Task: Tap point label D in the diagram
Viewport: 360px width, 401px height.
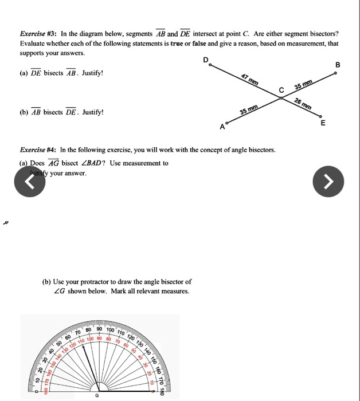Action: pos(205,60)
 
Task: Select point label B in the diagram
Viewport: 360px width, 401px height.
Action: pos(338,65)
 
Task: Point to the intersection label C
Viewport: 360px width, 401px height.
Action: pos(281,90)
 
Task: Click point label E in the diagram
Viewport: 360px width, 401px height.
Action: pos(323,123)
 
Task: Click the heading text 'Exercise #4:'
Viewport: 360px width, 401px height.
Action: pos(38,150)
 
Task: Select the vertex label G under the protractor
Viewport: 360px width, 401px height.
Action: pos(96,395)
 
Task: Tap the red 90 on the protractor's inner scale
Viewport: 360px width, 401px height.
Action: pos(99,338)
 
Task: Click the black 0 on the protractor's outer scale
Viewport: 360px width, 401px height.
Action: pos(35,392)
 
